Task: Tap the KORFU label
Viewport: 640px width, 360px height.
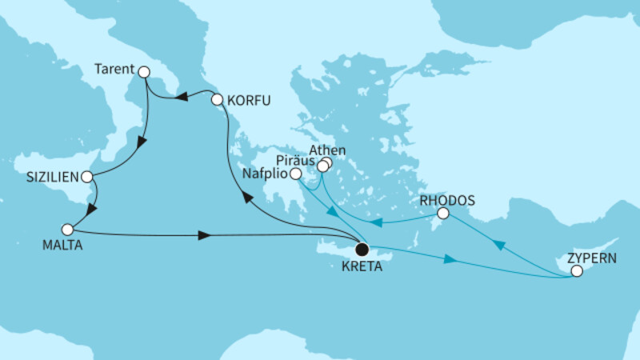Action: coord(250,101)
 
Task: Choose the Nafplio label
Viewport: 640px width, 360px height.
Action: coord(265,174)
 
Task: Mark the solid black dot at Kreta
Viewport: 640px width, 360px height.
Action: coord(362,249)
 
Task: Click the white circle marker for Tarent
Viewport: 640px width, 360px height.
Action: coord(144,72)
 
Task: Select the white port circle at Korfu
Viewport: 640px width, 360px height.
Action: coord(217,101)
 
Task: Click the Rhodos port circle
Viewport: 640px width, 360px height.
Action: coord(442,214)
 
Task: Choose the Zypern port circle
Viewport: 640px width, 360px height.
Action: coord(576,273)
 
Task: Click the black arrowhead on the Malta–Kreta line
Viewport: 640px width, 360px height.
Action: coord(205,236)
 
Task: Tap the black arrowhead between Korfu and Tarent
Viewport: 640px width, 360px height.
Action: coord(182,98)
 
